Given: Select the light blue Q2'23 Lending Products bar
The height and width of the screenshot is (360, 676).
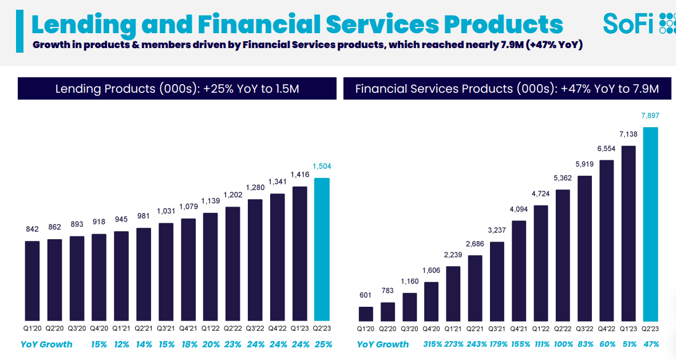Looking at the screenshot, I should [322, 248].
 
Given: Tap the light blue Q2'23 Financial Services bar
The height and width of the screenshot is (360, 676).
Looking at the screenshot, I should [650, 223].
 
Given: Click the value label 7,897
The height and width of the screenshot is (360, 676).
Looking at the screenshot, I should [650, 116].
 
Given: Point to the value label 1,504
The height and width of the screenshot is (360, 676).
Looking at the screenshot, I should [322, 167].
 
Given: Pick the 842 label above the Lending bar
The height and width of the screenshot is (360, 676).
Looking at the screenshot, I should [32, 230].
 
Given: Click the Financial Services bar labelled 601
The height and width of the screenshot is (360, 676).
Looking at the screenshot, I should [366, 314].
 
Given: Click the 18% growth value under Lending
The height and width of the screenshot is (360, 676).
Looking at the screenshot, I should [188, 345].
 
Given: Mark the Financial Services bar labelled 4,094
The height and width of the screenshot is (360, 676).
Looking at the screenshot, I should [519, 270].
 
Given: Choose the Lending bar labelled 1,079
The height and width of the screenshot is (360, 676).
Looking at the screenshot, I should [188, 269].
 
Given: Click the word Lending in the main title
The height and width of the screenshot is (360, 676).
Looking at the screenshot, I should [84, 25].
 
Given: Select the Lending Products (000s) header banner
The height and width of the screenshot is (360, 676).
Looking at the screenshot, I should [177, 89].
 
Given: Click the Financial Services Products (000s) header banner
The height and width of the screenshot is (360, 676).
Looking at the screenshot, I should [507, 89].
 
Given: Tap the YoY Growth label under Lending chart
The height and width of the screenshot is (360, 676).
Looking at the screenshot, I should [46, 345].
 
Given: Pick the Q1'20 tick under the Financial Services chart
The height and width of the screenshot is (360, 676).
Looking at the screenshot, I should [366, 330].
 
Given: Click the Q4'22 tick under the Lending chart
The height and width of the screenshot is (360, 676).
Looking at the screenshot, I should [277, 330].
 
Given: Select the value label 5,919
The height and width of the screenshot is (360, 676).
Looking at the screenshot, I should [584, 164].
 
